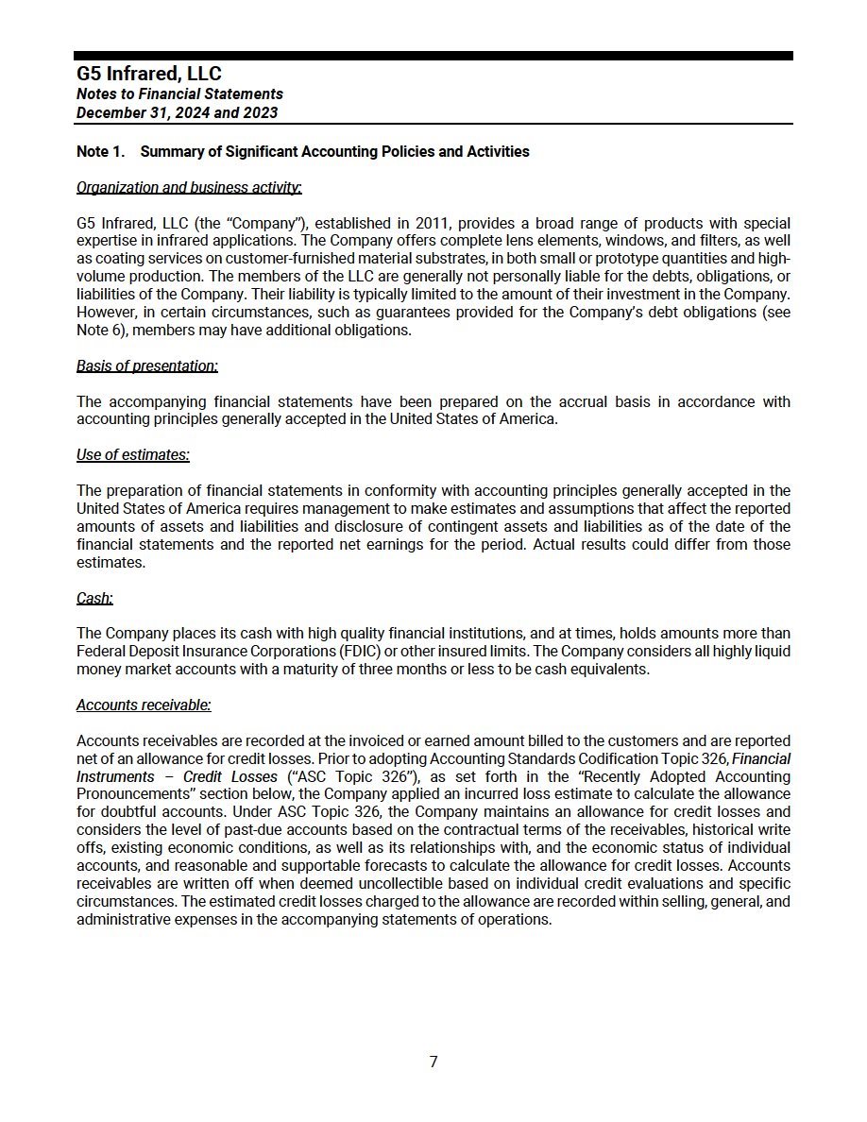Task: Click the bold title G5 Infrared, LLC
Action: click(149, 74)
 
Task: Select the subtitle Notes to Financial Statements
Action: click(179, 93)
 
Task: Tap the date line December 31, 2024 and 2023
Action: click(177, 112)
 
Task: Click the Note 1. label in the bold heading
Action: click(100, 151)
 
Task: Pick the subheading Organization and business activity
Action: click(189, 187)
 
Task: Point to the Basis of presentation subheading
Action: click(146, 365)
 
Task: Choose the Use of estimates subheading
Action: click(132, 454)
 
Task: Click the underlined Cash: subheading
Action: click(94, 598)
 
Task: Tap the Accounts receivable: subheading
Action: click(144, 705)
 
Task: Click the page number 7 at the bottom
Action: click(433, 1062)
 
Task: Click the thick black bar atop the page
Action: click(433, 56)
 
